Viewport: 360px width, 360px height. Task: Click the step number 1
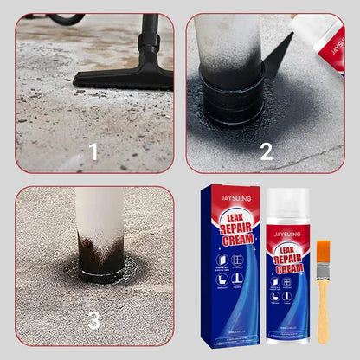(93, 153)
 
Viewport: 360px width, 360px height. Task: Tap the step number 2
(267, 151)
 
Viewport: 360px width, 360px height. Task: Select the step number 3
(93, 320)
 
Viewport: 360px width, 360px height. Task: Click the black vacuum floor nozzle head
(125, 77)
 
